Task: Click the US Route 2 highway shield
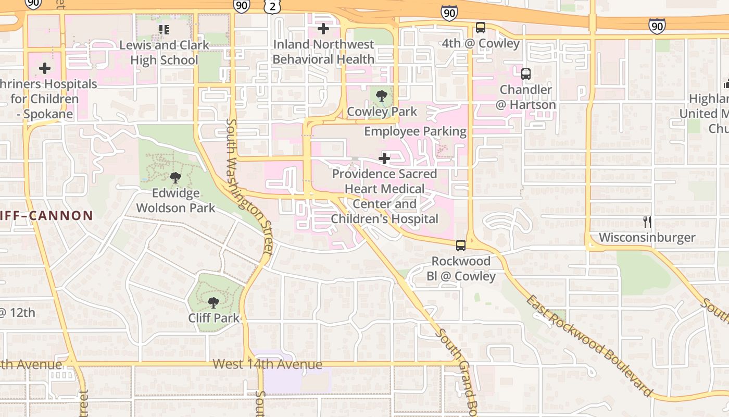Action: pos(272,6)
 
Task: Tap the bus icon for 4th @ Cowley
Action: pos(480,28)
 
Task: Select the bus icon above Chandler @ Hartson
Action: pos(525,74)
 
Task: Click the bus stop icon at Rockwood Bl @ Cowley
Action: pos(461,245)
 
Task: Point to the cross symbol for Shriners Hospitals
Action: pos(45,68)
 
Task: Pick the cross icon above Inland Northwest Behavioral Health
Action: pos(323,29)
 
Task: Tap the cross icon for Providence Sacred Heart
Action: pos(384,158)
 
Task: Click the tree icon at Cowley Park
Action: pos(382,95)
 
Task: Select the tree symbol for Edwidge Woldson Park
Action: pos(175,177)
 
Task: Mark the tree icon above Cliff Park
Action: pos(213,302)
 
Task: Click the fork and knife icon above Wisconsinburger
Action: pos(647,222)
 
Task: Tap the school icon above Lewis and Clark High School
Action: pos(164,29)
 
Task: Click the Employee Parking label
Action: pos(415,131)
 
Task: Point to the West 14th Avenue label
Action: pos(267,364)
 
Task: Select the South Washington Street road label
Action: pos(249,187)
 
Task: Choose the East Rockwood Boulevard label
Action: pos(588,345)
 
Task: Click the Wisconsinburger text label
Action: pos(647,238)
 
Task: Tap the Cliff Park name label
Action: pos(214,318)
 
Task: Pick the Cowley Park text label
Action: pos(382,112)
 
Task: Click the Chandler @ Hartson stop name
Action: pos(525,97)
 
